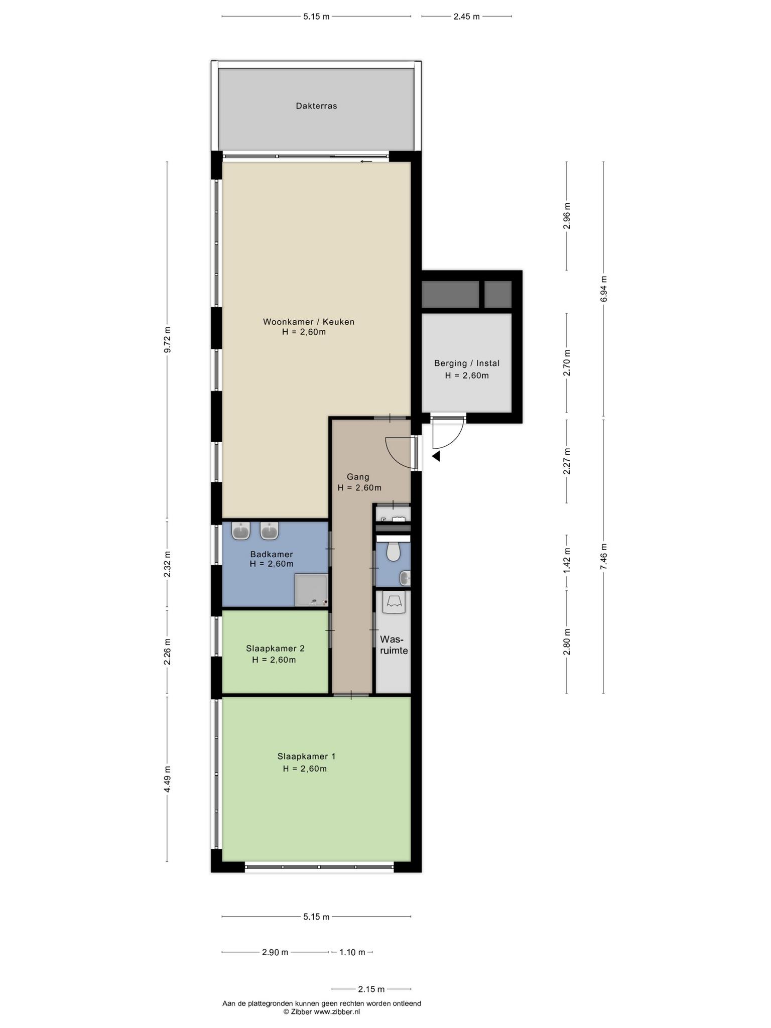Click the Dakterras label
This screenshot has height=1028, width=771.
(316, 106)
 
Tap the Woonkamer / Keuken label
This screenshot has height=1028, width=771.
(309, 322)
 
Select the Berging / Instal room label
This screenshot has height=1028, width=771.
(467, 363)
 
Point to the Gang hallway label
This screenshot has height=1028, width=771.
(358, 477)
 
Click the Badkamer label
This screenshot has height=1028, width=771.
(272, 554)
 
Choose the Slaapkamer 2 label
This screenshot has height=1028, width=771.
(275, 649)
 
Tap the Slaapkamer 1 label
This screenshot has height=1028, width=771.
(306, 756)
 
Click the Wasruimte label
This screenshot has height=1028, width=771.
(394, 645)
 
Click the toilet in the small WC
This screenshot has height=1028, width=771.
(394, 551)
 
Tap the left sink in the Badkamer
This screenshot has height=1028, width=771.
(241, 531)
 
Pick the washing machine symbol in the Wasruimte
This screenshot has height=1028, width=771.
(394, 602)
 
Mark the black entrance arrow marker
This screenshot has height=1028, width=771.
(436, 456)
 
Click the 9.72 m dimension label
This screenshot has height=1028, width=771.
(168, 340)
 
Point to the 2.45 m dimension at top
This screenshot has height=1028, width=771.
(467, 17)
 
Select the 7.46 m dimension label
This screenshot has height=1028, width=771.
(604, 556)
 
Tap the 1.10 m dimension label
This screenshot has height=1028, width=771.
(352, 952)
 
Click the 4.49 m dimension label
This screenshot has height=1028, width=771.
(168, 779)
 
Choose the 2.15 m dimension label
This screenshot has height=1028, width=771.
(371, 989)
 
